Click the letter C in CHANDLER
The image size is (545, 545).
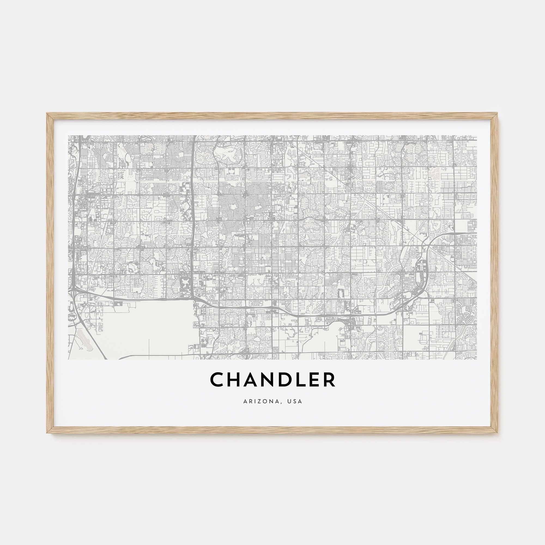coord(219,380)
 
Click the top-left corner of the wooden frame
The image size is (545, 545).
coord(47,114)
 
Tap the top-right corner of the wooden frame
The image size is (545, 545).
coord(497,114)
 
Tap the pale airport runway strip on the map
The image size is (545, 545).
coord(85,338)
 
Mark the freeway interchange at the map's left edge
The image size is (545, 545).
coord(74,290)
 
